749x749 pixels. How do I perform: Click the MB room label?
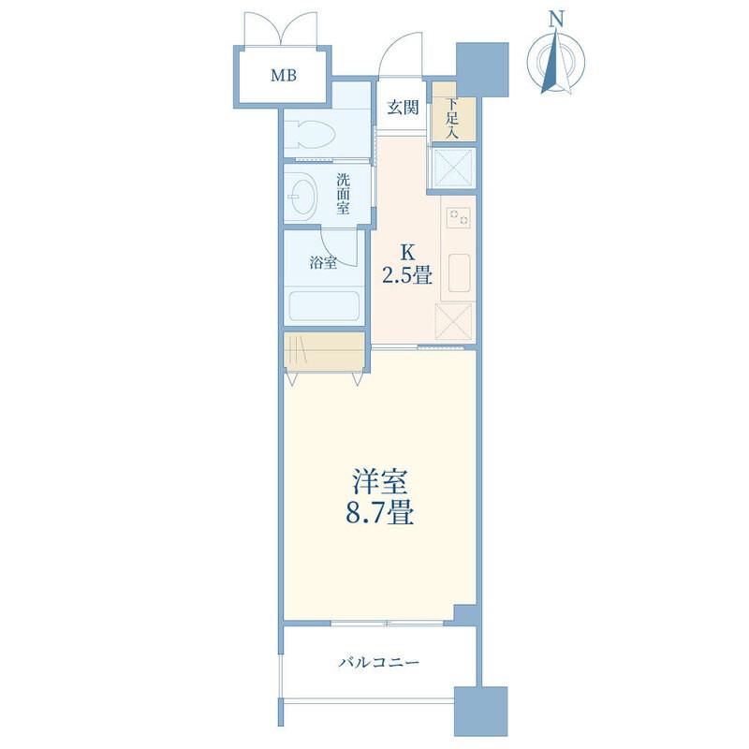(x=284, y=76)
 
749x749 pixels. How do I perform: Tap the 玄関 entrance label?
(x=403, y=108)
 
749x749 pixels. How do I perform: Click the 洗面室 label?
(x=343, y=194)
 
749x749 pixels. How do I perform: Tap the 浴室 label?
(x=323, y=262)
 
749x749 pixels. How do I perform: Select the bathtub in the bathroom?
(x=324, y=306)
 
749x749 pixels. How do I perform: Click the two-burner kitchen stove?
(x=458, y=218)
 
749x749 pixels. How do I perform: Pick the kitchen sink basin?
(x=459, y=272)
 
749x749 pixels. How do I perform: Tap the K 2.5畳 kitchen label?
(x=407, y=264)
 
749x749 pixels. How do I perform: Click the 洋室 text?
(x=380, y=481)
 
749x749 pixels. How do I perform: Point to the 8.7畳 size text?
(x=380, y=513)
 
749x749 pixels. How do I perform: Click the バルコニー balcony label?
(x=379, y=663)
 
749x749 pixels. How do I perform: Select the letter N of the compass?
(x=555, y=20)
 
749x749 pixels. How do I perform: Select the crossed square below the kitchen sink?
(x=454, y=321)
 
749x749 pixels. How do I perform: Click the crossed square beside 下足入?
(x=453, y=168)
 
